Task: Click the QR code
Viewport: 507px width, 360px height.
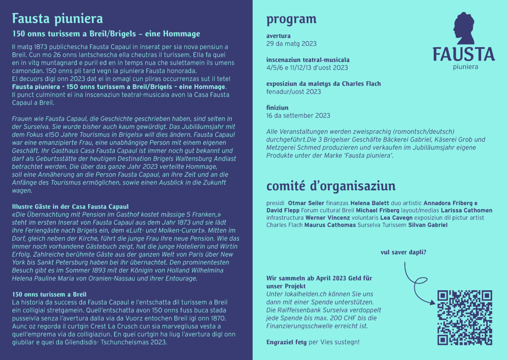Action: click(465, 318)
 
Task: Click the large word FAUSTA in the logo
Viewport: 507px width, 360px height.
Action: click(463, 54)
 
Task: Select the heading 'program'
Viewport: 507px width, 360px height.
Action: click(291, 19)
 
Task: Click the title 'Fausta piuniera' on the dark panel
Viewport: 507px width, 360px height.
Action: click(57, 18)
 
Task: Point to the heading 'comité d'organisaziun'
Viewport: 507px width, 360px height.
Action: click(331, 186)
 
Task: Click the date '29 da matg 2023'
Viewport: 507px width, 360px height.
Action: click(291, 44)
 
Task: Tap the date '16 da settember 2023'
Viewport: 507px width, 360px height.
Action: click(298, 116)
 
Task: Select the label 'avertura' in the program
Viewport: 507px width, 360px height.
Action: click(278, 36)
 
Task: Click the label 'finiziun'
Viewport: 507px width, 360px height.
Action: click(277, 108)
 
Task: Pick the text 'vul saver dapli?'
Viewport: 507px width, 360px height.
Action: click(403, 252)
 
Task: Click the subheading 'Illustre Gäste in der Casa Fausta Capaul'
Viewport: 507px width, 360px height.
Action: click(70, 207)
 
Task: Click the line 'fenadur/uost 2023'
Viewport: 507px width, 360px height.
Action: click(294, 92)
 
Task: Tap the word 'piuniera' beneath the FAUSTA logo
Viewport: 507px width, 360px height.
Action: click(465, 67)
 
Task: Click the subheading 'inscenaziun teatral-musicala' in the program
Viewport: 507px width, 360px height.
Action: click(308, 60)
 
